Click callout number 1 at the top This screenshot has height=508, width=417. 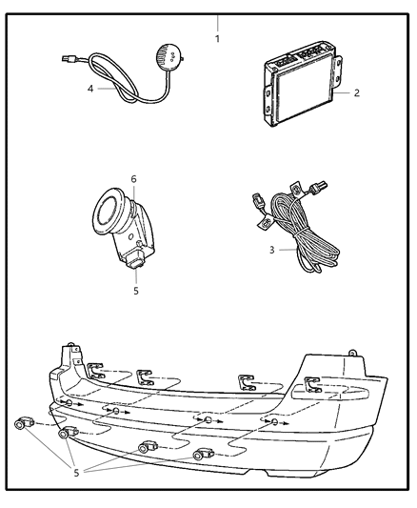217,39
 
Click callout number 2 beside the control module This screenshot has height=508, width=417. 356,93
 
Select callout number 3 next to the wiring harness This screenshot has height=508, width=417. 271,250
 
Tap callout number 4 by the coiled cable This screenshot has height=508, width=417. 90,89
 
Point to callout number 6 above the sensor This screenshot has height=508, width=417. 133,179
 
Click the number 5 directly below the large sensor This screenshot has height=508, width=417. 136,291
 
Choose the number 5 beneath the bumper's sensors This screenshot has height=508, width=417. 76,473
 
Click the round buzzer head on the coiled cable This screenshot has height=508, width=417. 168,54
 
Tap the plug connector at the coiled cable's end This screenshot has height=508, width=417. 69,59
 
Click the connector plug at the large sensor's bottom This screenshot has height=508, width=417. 134,261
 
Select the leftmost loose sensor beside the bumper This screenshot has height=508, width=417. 24,423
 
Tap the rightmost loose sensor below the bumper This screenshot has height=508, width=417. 203,455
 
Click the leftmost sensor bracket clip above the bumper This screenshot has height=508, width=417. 95,371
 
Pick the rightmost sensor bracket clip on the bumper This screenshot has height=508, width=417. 312,384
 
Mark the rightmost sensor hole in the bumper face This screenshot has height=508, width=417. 274,421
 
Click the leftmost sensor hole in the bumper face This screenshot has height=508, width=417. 69,403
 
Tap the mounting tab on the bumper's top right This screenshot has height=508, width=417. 352,353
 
